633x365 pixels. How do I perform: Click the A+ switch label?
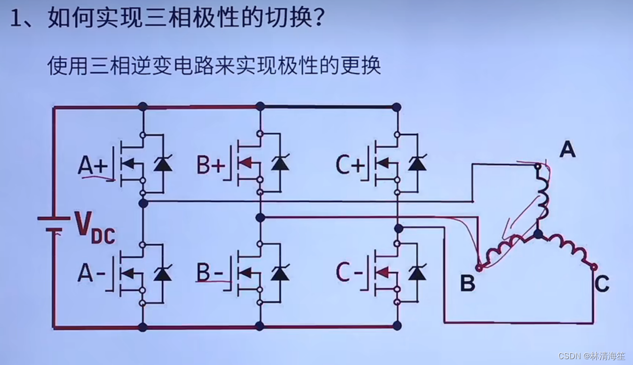92,166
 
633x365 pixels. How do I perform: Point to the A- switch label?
91,273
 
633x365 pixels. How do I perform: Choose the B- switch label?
210,272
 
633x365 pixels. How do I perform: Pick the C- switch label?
349,272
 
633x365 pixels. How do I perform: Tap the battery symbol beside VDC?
54,223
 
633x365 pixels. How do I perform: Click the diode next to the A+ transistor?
162,164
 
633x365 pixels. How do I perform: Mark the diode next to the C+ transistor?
417,164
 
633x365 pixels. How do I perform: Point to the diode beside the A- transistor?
162,273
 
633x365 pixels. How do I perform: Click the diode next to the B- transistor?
280,273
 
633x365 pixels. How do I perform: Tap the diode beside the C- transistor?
417,272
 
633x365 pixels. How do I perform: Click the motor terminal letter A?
567,149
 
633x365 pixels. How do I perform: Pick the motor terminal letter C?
602,284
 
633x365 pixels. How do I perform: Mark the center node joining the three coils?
538,235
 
